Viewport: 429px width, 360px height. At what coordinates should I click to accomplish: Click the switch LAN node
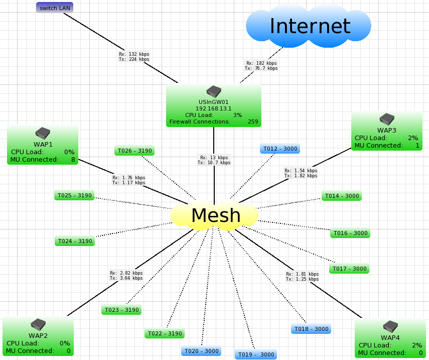55,8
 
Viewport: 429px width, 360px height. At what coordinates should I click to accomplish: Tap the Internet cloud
309,26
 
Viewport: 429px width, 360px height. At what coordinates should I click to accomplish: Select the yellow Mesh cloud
215,215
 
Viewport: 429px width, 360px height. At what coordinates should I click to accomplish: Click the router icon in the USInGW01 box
214,91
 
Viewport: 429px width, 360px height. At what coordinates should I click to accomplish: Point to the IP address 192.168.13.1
214,108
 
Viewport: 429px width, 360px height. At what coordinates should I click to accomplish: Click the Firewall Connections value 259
253,122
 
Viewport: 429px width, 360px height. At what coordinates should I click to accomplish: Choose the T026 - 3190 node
134,150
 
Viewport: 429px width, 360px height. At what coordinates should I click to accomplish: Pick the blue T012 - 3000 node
279,149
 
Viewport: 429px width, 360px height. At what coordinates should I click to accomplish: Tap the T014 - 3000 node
342,196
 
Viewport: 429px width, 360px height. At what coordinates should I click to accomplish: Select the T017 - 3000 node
349,269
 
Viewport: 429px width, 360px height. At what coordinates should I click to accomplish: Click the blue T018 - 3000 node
311,329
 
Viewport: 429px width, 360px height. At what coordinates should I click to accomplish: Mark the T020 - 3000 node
201,351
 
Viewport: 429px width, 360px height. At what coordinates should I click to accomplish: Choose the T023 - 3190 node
121,310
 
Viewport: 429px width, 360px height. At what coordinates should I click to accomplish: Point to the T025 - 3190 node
74,195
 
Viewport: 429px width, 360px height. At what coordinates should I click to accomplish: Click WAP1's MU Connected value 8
73,160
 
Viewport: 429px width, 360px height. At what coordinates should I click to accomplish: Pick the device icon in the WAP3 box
386,119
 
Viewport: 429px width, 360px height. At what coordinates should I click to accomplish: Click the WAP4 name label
390,337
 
